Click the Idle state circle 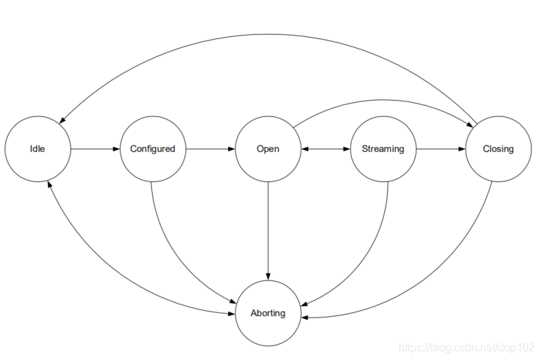[x=38, y=149]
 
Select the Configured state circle [x=153, y=149]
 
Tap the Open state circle [x=268, y=149]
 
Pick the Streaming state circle [x=383, y=149]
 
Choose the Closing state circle [x=498, y=149]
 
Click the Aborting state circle [x=268, y=313]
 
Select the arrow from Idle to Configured [x=95, y=149]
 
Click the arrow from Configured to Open [x=210, y=149]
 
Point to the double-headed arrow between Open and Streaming [x=325, y=149]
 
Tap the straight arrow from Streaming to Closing [x=440, y=149]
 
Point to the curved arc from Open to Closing [x=383, y=100]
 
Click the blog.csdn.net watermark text [x=466, y=348]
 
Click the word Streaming [x=383, y=149]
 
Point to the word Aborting [x=268, y=313]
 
